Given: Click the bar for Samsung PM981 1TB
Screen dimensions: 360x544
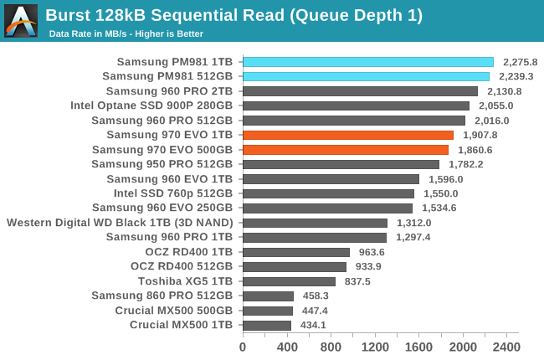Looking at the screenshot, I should [x=368, y=62].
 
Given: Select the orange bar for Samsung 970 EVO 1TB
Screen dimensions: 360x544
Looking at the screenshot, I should [x=348, y=135].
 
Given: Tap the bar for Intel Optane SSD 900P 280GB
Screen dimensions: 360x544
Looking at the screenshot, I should [x=356, y=105].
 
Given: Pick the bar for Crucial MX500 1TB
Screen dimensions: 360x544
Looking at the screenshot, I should [x=267, y=325].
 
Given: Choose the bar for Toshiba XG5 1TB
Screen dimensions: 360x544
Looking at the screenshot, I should [x=289, y=281].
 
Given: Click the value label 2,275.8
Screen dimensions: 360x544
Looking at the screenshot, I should [x=519, y=62].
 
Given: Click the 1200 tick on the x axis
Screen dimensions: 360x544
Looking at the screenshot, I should [x=375, y=347].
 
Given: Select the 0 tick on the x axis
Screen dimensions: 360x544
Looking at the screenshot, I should [x=243, y=347].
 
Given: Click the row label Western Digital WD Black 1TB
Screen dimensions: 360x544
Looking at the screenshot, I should [x=120, y=223].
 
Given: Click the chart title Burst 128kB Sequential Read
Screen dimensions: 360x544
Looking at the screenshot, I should [x=234, y=15].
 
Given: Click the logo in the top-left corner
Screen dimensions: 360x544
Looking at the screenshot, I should [x=21, y=20].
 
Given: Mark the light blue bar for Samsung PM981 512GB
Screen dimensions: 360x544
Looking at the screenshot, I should [x=366, y=76].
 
